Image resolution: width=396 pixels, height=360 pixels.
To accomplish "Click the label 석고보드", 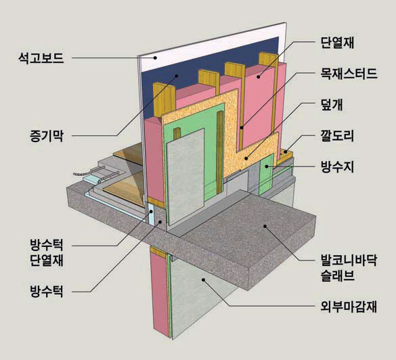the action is click(41, 58).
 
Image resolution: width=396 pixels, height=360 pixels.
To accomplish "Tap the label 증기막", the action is click(47, 136).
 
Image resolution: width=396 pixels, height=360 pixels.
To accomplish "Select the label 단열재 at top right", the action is click(337, 43).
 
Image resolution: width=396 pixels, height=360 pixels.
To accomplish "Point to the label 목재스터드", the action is click(349, 74).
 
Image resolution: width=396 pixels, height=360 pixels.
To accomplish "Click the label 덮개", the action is click(332, 104).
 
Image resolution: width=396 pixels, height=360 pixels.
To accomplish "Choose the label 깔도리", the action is click(337, 136).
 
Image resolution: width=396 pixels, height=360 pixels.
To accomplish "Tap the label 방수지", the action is click(337, 167).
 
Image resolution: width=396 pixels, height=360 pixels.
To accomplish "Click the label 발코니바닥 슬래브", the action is click(349, 268).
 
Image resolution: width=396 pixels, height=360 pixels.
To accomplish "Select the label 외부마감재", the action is click(349, 307).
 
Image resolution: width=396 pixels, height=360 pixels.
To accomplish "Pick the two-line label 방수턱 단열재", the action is click(47, 252).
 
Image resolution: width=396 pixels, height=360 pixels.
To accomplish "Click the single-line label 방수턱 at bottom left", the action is click(47, 292).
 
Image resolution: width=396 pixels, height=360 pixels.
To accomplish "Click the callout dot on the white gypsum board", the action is click(156, 58).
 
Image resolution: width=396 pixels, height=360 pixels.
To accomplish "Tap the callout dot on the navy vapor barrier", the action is click(177, 76).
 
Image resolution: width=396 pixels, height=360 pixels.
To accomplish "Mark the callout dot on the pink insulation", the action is click(259, 76).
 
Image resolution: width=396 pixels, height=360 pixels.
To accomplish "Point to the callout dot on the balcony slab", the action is click(265, 226).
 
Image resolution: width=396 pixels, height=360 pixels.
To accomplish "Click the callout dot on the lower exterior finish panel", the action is click(203, 279).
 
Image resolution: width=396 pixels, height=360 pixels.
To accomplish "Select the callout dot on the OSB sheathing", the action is click(246, 158).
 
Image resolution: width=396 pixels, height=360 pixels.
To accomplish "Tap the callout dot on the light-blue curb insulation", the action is click(151, 212).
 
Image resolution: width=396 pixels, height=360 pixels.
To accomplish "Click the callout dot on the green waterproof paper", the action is click(267, 166).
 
